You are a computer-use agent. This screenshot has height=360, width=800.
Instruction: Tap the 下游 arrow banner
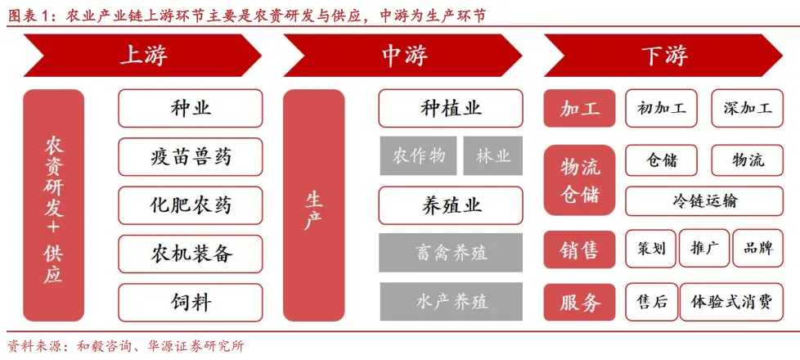[663, 56]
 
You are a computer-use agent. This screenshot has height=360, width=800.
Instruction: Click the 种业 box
[191, 108]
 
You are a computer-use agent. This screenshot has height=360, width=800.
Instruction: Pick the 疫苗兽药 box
[191, 156]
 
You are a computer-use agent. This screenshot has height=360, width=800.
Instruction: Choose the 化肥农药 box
[191, 205]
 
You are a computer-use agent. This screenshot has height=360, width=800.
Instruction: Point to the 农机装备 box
[191, 254]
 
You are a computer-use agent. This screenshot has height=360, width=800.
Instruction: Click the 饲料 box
[191, 302]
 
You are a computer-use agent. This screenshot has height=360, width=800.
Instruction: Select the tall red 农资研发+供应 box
[53, 205]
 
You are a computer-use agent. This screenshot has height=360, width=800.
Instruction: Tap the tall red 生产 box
[313, 205]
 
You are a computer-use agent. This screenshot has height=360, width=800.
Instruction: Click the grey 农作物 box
[418, 155]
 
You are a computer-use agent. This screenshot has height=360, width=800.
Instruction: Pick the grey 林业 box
[492, 155]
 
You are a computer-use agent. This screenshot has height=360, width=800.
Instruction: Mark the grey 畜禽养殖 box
[451, 253]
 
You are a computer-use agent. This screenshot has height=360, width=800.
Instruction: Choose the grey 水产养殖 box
[451, 302]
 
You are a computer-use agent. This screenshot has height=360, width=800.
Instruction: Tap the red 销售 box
[579, 249]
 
